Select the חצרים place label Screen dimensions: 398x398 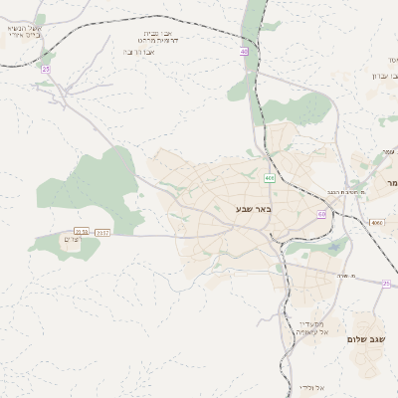[x=69, y=241]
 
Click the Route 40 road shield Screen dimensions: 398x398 [x=243, y=51]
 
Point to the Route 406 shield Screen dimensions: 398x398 [x=269, y=178]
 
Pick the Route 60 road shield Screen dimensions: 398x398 [x=321, y=214]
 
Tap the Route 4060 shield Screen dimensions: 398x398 [x=375, y=223]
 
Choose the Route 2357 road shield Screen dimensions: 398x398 [x=101, y=232]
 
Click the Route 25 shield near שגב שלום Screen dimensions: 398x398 [x=385, y=284]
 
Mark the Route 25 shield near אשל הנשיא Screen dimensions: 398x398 [x=46, y=70]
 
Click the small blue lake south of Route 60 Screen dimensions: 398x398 [x=333, y=248]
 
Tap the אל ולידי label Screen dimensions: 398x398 [x=317, y=386]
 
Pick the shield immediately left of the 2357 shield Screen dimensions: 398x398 [x=81, y=231]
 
